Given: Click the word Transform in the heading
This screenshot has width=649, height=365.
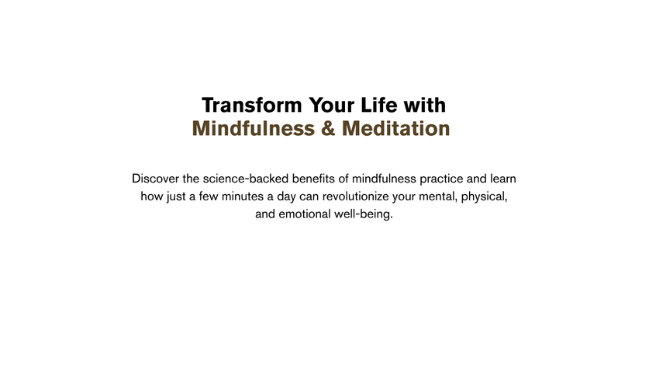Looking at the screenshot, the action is pyautogui.click(x=252, y=105).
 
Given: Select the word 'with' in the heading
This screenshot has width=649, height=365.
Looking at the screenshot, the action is pyautogui.click(x=425, y=105).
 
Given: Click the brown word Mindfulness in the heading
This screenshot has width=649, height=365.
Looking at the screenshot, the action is pyautogui.click(x=254, y=128).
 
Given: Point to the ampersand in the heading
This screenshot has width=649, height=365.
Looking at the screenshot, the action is pyautogui.click(x=328, y=128).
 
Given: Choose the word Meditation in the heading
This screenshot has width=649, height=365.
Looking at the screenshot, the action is pyautogui.click(x=395, y=128).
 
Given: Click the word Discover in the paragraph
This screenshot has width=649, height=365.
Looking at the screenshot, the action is pyautogui.click(x=156, y=179).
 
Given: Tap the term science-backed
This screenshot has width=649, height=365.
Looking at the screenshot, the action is pyautogui.click(x=246, y=179).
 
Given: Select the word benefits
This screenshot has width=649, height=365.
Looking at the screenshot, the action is pyautogui.click(x=314, y=179).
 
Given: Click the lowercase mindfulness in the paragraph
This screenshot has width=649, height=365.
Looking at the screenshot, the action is pyautogui.click(x=384, y=179).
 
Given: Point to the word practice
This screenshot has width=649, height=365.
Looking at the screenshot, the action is pyautogui.click(x=441, y=179).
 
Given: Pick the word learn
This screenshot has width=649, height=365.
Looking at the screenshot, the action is pyautogui.click(x=503, y=179).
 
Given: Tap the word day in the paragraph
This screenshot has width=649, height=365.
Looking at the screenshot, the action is pyautogui.click(x=286, y=196).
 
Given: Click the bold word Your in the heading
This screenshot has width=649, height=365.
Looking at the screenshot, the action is pyautogui.click(x=332, y=105).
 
